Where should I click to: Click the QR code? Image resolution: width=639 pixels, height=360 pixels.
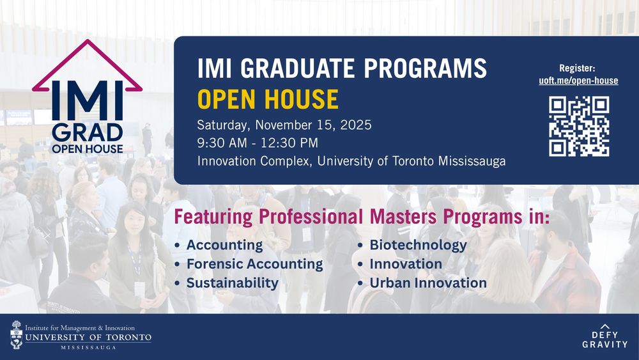(579, 127)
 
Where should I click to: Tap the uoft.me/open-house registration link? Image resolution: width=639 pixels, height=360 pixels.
(578, 81)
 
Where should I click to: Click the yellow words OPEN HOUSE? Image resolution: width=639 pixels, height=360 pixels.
(268, 99)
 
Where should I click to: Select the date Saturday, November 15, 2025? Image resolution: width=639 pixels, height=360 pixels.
(284, 125)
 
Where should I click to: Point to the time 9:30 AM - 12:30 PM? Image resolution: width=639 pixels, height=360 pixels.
(258, 143)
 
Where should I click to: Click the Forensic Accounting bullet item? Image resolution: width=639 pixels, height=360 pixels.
(255, 264)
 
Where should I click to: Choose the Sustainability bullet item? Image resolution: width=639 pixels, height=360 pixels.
(233, 283)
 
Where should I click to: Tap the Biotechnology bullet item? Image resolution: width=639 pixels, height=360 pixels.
(418, 245)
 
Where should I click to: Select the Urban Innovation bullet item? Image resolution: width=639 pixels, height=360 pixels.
(428, 283)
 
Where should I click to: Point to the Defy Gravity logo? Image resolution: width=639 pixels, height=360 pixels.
(604, 336)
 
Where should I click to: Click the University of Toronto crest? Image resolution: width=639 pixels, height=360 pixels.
(17, 334)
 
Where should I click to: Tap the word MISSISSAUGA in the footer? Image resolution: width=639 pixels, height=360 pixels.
(88, 347)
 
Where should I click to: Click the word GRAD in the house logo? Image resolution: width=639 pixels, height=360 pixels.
(88, 132)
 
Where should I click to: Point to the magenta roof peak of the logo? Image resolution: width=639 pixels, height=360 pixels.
(87, 41)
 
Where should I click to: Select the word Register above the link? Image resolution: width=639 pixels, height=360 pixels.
(577, 68)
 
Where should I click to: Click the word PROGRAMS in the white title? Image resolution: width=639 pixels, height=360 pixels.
(425, 68)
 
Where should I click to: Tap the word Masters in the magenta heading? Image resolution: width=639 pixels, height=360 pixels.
(402, 217)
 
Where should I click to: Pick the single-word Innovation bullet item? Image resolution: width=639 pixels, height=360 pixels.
(406, 264)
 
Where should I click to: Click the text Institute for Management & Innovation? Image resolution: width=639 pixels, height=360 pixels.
(80, 328)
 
